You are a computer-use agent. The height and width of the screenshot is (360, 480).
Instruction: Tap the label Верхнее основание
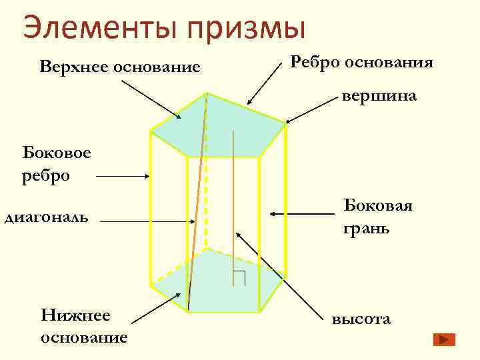tap(120, 67)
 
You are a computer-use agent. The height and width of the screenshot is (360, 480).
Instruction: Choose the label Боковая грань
tap(377, 217)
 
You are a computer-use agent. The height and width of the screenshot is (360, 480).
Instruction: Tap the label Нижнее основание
tap(84, 325)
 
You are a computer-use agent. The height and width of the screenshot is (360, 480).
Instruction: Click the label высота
tap(361, 319)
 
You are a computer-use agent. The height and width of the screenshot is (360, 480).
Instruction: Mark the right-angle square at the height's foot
tap(240, 279)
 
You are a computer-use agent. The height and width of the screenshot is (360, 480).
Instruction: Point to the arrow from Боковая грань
tap(301, 213)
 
